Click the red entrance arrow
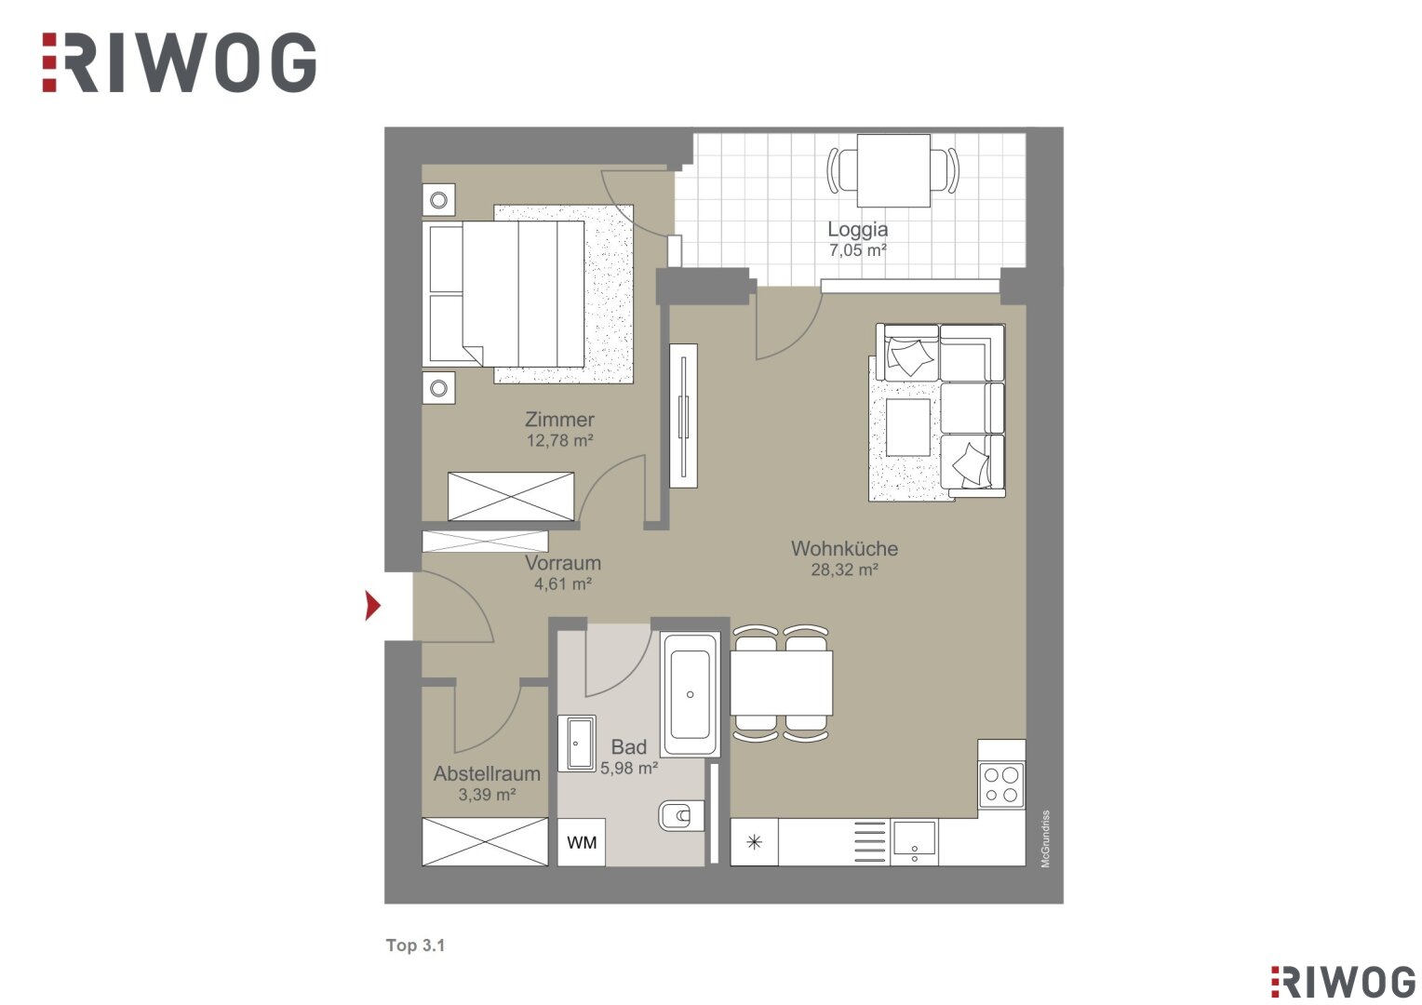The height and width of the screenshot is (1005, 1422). click(372, 605)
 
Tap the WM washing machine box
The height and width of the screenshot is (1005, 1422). click(582, 842)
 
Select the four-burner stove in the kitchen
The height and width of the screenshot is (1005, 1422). click(1001, 784)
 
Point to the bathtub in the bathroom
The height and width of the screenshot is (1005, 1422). click(690, 694)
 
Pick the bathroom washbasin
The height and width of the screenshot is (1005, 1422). click(576, 744)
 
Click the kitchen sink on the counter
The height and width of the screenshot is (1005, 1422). click(914, 842)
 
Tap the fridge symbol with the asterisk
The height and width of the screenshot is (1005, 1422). click(754, 842)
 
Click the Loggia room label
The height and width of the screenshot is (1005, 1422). click(857, 229)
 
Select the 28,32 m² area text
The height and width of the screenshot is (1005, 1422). click(844, 569)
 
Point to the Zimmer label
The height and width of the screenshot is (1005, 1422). click(559, 419)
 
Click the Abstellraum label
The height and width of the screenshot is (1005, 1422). click(487, 773)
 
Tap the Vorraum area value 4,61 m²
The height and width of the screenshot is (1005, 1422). click(563, 583)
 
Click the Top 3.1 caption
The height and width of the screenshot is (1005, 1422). click(416, 945)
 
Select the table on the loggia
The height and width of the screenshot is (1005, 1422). click(893, 170)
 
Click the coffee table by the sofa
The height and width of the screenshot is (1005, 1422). click(908, 427)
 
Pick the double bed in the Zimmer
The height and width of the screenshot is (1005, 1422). click(506, 294)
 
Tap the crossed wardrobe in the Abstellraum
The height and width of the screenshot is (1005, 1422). click(485, 842)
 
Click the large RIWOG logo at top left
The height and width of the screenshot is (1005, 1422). click(179, 63)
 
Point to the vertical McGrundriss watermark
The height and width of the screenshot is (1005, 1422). click(1045, 838)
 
